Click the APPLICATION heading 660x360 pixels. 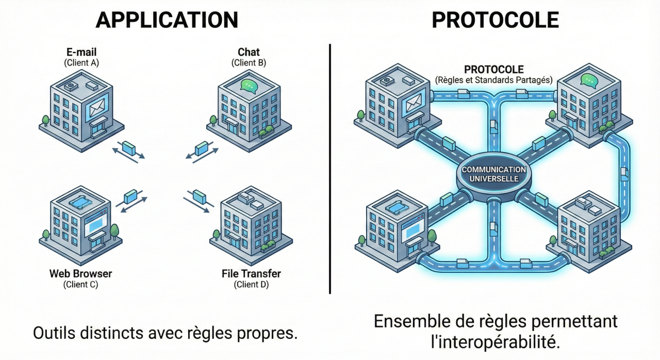pyautogui.click(x=167, y=20)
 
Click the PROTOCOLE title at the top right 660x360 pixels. pyautogui.click(x=495, y=20)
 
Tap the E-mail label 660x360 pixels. pyautogui.click(x=81, y=52)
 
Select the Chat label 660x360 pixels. pyautogui.click(x=249, y=52)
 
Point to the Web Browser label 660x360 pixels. pyautogui.click(x=80, y=273)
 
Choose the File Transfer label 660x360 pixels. pyautogui.click(x=251, y=273)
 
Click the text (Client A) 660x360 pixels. pyautogui.click(x=81, y=63)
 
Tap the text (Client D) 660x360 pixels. pyautogui.click(x=251, y=284)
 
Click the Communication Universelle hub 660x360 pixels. pyautogui.click(x=493, y=174)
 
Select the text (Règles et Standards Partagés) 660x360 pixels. pyautogui.click(x=493, y=80)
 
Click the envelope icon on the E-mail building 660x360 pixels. pyautogui.click(x=97, y=109)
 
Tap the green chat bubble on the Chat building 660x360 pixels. pyautogui.click(x=249, y=86)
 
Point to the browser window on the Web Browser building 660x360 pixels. pyautogui.click(x=94, y=224)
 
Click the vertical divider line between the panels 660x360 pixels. pyautogui.click(x=329, y=170)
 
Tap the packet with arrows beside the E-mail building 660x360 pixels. pyautogui.click(x=128, y=149)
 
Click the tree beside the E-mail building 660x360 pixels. pyautogui.click(x=45, y=120)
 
